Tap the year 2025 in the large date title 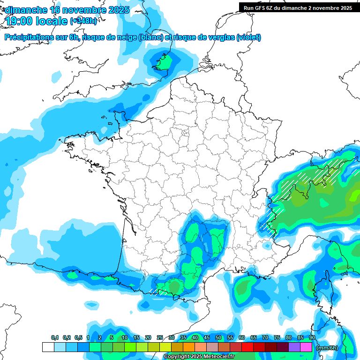115,10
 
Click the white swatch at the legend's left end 48,347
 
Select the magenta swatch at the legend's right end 306,347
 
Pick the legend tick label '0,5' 78,338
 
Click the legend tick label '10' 124,338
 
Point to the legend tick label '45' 207,338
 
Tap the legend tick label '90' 312,338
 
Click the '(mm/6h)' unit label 327,347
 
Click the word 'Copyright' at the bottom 179,357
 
